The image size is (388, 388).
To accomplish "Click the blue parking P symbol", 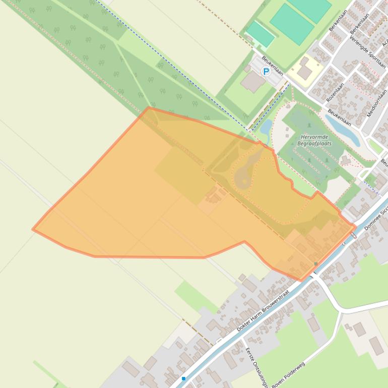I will pos(266,72).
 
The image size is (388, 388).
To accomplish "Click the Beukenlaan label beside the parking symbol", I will pos(273,67).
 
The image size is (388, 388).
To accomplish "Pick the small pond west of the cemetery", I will pos(266,126).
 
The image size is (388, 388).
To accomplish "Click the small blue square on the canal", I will pos(184,378).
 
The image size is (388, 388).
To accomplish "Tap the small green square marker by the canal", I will pos(316,264).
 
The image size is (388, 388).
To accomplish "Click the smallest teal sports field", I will pos(261,33).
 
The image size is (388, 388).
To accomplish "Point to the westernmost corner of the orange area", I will pos(33,229).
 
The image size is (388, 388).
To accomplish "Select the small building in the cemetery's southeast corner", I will pos(346,160).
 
